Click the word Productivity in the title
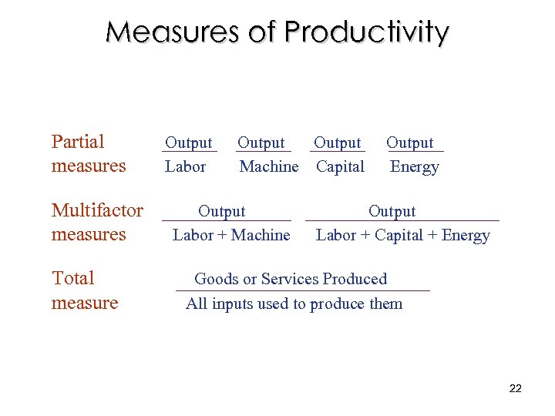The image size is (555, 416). (x=366, y=32)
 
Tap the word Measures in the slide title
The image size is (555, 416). (x=173, y=32)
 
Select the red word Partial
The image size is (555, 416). (x=78, y=142)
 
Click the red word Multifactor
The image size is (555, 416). (x=97, y=210)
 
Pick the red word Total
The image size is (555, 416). (x=72, y=278)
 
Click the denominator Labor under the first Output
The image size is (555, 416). (x=186, y=166)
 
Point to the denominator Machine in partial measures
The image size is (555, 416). (x=269, y=166)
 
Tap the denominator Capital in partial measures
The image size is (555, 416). (x=340, y=166)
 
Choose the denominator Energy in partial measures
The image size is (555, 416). (x=414, y=166)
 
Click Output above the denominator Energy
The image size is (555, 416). (x=410, y=143)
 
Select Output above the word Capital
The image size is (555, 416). (x=338, y=143)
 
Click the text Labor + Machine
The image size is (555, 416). (x=231, y=235)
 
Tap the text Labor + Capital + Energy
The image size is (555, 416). (x=403, y=235)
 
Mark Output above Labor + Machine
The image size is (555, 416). (x=222, y=211)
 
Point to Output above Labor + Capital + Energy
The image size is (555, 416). (x=392, y=211)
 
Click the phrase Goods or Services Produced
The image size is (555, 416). (x=291, y=279)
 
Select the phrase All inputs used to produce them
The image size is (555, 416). (x=294, y=304)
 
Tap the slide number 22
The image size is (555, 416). (x=516, y=388)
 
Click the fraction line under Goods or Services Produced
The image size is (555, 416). (x=302, y=290)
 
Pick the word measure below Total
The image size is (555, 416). (x=85, y=303)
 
